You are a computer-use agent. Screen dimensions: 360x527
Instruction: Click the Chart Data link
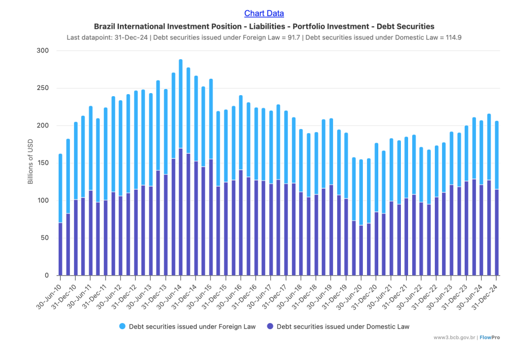[264, 13]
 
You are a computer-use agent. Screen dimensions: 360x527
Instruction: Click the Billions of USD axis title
[30, 163]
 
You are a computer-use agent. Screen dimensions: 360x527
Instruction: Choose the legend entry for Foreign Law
[188, 326]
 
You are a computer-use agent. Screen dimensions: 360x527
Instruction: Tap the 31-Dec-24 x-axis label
[487, 292]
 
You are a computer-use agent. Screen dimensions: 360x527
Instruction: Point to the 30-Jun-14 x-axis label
[171, 292]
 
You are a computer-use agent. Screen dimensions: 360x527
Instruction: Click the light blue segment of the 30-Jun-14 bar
[181, 103]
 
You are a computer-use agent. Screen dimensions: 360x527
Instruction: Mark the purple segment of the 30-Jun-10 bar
[60, 249]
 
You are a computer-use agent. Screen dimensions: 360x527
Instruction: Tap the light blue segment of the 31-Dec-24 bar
[497, 154]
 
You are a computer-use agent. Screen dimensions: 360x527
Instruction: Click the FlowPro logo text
[490, 338]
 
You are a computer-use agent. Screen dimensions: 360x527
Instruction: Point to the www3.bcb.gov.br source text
[455, 338]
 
